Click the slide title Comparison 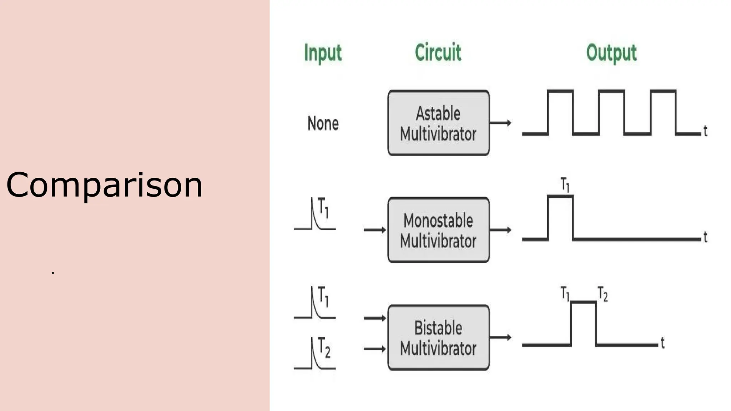tap(104, 185)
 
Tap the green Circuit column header tap(438, 52)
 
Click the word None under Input tap(323, 123)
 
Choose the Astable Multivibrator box tap(438, 123)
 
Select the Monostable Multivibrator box tap(438, 230)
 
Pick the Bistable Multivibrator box tap(438, 337)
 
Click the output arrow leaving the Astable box tap(500, 123)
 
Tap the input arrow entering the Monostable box tap(375, 230)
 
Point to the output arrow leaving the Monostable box tap(500, 230)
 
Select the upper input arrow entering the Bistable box tap(375, 318)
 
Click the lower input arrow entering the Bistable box tap(375, 349)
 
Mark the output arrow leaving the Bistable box tap(500, 337)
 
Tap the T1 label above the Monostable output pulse tap(565, 185)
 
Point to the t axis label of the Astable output tap(705, 131)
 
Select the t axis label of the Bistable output tap(662, 343)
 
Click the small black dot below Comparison tap(53, 273)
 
